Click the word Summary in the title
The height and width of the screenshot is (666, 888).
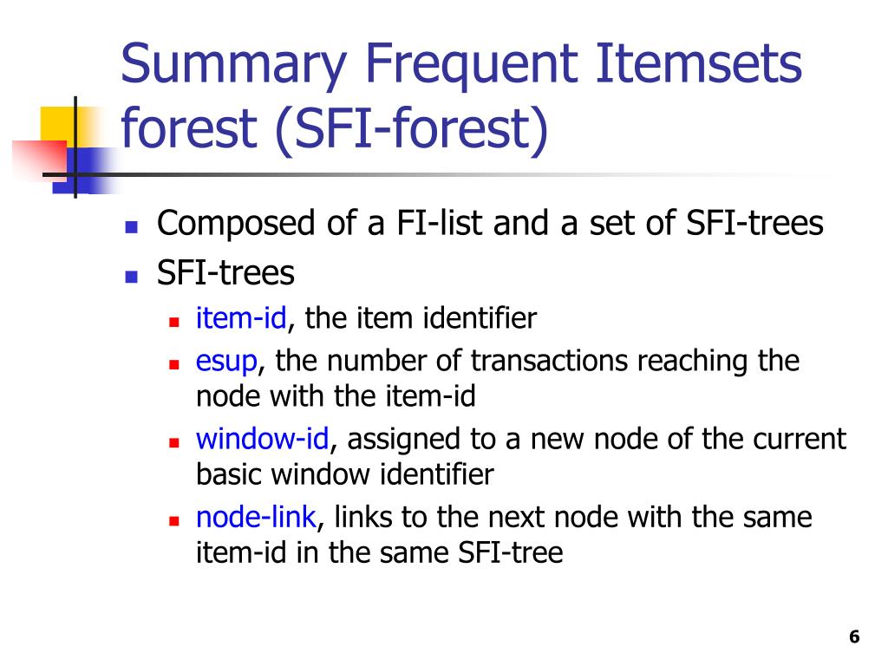(233, 66)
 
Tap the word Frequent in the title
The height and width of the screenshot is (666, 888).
(472, 66)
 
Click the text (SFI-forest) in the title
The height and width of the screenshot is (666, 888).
(412, 129)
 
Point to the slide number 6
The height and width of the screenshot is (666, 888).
(854, 637)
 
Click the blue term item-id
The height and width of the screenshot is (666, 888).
(241, 317)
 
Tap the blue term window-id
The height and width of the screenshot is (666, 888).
(262, 439)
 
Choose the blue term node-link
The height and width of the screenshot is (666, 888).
(256, 517)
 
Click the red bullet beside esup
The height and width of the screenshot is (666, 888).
(173, 365)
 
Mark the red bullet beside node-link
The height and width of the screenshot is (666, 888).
(173, 521)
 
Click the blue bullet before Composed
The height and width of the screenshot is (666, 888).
(132, 228)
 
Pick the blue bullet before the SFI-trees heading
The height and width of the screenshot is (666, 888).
(132, 277)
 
